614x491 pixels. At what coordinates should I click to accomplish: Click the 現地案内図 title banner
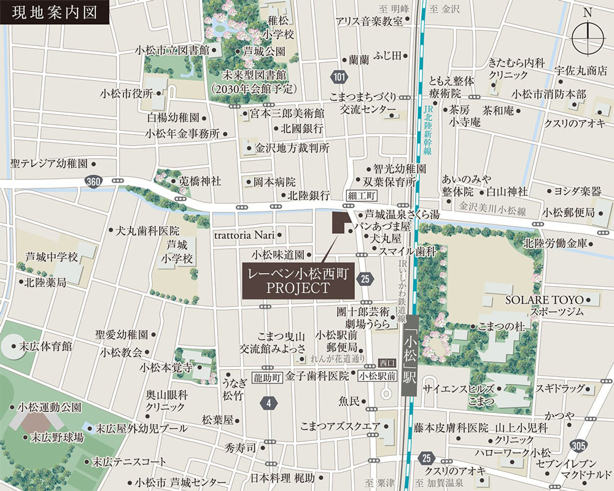[54, 12]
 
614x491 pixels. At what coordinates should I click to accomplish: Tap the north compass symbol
[588, 37]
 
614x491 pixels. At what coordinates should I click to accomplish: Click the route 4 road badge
[268, 403]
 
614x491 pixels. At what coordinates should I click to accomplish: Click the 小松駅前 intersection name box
[376, 376]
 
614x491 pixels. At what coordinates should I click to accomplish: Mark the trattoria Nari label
[242, 234]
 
